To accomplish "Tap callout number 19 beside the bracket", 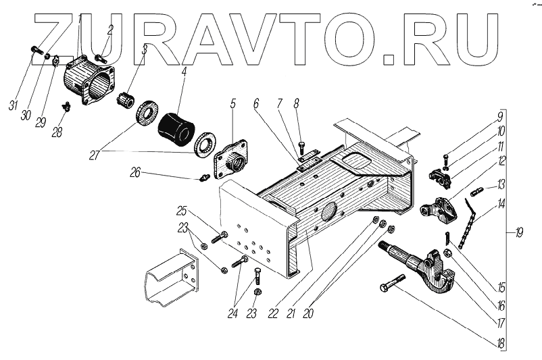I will pos(519,234).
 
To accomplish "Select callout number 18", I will pos(501,344).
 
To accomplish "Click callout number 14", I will pos(501,203).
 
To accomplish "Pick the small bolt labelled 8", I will pos(301,145).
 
